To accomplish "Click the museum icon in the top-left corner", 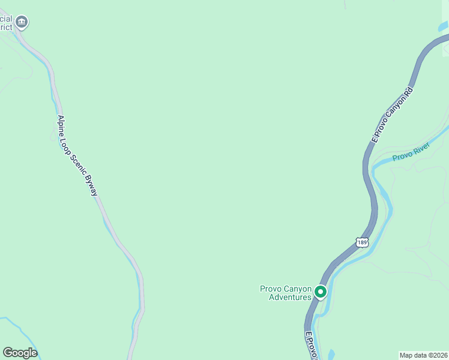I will coord(22,23).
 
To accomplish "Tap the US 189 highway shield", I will coord(361,242).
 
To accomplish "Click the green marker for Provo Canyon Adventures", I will coord(321,292).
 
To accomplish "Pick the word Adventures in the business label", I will coord(290,297).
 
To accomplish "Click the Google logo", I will coord(20,353).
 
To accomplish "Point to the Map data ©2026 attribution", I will coord(424,355).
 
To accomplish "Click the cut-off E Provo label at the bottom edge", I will coord(310,346).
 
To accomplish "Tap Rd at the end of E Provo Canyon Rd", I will coord(409,92).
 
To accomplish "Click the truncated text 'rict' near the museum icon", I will coord(6,27).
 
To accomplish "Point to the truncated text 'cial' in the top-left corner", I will coord(6,19).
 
